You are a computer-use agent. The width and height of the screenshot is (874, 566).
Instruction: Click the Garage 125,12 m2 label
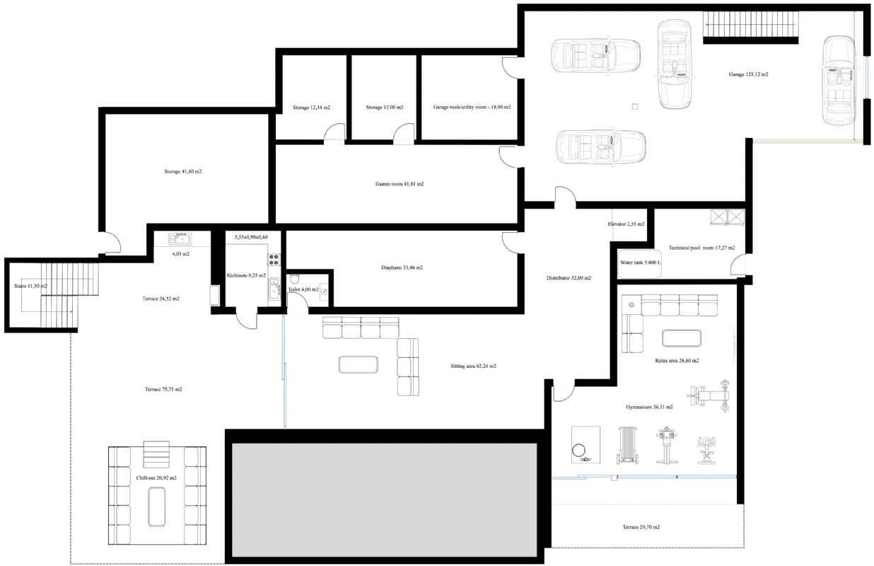pos(748,74)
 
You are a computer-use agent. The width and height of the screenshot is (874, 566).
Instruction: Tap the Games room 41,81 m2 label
pos(399,184)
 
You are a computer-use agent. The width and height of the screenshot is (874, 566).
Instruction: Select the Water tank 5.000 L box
pos(639,263)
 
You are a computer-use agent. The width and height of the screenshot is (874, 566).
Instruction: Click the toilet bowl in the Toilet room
pos(295,279)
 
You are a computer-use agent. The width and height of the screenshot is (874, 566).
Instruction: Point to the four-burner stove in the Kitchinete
pos(274,260)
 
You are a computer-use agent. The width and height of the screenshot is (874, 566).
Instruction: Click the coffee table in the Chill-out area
pos(157,507)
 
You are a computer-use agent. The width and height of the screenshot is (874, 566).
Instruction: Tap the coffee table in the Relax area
pos(681,338)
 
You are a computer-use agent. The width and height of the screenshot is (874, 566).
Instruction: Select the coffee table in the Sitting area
pos(359,364)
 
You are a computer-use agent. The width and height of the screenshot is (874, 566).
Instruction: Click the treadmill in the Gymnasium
pos(627,445)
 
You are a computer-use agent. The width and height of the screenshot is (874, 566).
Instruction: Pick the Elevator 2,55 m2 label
pos(626,224)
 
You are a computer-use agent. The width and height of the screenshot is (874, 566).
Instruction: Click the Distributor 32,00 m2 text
pos(569,278)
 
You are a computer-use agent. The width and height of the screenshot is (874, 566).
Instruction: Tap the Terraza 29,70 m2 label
pos(641,527)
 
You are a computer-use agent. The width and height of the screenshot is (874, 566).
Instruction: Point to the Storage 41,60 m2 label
pos(182,171)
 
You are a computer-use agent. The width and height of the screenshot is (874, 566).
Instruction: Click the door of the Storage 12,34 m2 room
pos(334,133)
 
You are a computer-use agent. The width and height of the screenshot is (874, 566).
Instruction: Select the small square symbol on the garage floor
pos(635,107)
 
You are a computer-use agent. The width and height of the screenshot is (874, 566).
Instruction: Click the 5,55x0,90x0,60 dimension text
pos(251,237)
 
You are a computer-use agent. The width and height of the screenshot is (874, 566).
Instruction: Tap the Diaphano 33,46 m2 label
pos(402,267)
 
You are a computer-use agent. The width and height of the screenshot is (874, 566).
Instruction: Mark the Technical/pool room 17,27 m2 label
pos(701,248)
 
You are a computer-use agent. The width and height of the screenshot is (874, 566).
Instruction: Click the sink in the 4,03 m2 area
pos(180,239)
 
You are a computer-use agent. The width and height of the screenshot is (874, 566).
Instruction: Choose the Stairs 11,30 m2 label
pos(30,286)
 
